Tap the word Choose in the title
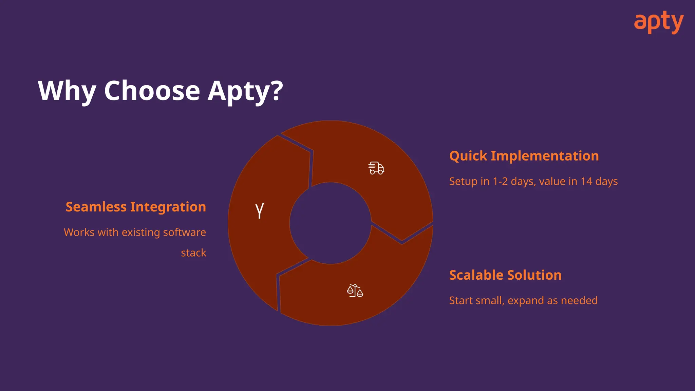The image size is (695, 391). [152, 91]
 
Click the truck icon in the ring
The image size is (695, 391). [376, 168]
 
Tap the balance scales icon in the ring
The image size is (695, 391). [355, 291]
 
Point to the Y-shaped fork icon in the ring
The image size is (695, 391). [260, 210]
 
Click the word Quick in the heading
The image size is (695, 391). [468, 156]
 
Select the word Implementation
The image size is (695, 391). [545, 156]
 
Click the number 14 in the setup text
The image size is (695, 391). [586, 181]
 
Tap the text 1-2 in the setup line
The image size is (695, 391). [500, 181]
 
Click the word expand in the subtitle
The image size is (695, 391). [526, 301]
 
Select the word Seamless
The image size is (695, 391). [96, 207]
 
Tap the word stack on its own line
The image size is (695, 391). [193, 253]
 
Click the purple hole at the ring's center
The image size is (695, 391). [330, 223]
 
